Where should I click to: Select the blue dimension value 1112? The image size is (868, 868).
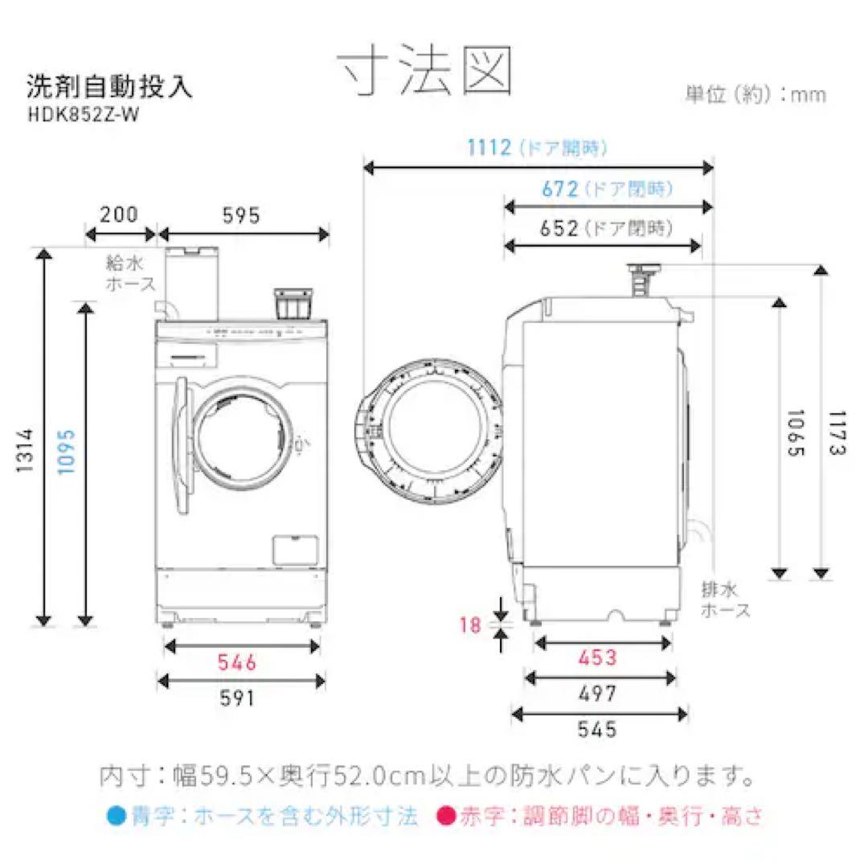pyautogui.click(x=489, y=148)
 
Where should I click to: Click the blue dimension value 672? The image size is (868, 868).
pyautogui.click(x=560, y=190)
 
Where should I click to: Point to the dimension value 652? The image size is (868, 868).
pyautogui.click(x=560, y=228)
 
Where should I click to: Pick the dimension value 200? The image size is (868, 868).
pyautogui.click(x=119, y=215)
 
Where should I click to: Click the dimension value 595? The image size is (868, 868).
pyautogui.click(x=243, y=215)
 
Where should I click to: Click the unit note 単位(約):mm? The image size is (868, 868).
pyautogui.click(x=755, y=94)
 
